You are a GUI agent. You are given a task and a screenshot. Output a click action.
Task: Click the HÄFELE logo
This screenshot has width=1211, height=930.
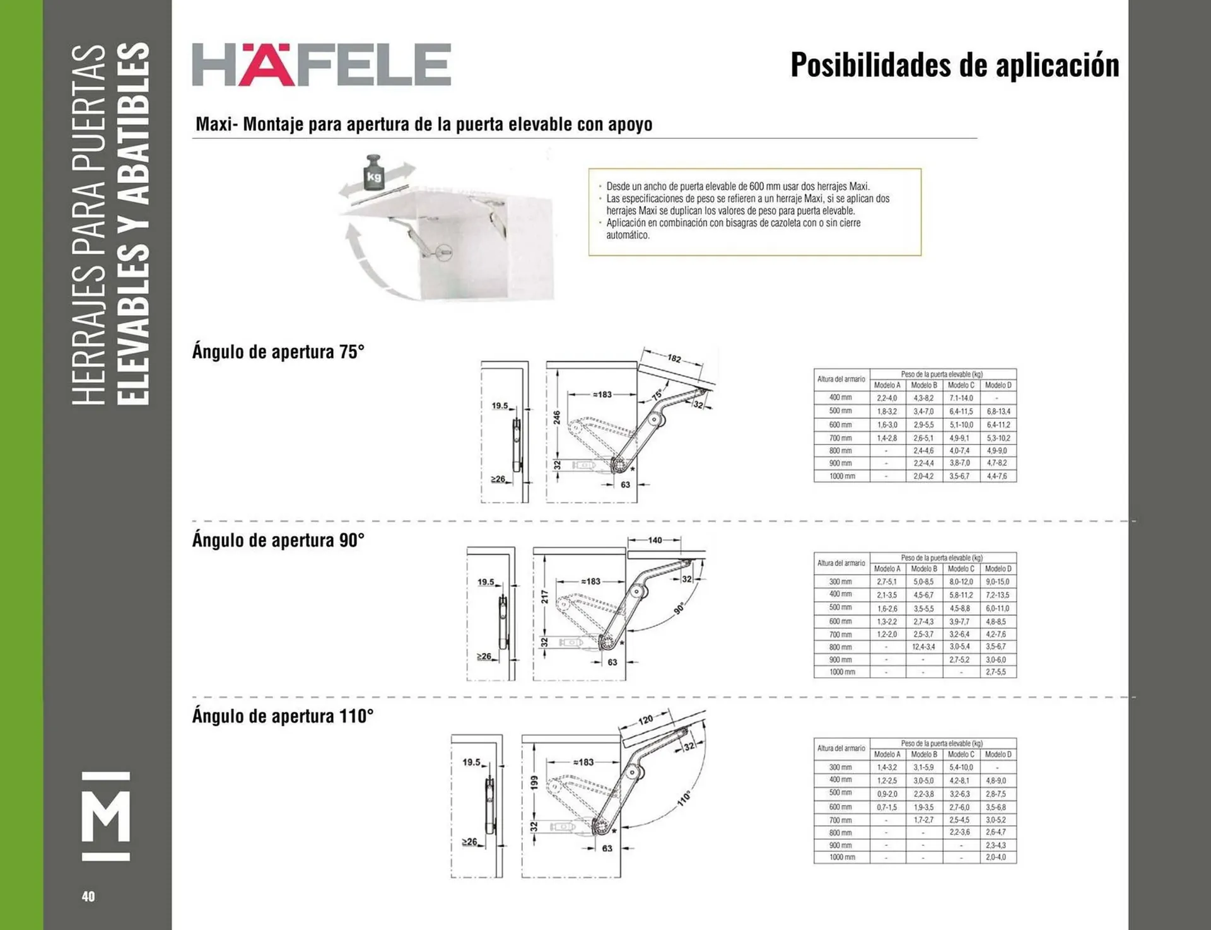[x=321, y=64]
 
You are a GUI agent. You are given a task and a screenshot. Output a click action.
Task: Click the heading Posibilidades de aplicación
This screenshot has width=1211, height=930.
[x=954, y=65]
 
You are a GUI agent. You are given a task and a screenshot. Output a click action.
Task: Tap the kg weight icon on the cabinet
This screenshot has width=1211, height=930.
[x=374, y=171]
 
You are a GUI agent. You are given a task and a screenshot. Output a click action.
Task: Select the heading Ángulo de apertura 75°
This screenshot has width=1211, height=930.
[x=278, y=352]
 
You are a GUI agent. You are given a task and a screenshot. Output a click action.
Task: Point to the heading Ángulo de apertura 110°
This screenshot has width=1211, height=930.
[x=283, y=716]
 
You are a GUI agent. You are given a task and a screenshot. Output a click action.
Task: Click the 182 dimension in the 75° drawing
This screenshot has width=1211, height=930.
[x=674, y=358]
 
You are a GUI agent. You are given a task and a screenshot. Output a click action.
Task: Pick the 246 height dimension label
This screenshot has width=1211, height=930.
[x=557, y=418]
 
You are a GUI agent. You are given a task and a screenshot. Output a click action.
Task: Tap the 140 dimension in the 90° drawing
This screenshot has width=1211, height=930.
[x=655, y=540]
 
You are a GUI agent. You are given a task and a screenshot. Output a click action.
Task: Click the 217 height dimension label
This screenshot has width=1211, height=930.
[x=544, y=597]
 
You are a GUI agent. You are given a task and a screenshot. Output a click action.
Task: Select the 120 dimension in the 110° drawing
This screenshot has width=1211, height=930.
[x=645, y=720]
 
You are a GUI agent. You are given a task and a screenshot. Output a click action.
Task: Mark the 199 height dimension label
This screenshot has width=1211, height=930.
[x=534, y=782]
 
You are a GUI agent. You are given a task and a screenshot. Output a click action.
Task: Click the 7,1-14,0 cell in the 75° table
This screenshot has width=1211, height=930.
[x=961, y=398]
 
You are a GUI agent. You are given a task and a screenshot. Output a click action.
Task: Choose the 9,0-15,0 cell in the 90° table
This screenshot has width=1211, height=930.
[x=997, y=582]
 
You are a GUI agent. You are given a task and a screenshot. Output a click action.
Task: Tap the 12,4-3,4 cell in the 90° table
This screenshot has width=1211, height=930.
[x=923, y=647]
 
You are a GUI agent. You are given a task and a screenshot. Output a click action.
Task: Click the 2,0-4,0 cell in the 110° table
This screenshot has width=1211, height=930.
[x=996, y=857]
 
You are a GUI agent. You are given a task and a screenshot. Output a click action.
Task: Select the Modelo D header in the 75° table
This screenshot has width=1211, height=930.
[x=998, y=385]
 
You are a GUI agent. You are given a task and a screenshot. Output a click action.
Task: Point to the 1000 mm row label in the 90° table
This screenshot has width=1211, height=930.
[x=841, y=672]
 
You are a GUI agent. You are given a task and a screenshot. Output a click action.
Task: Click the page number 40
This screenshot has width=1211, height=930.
[x=88, y=897]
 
